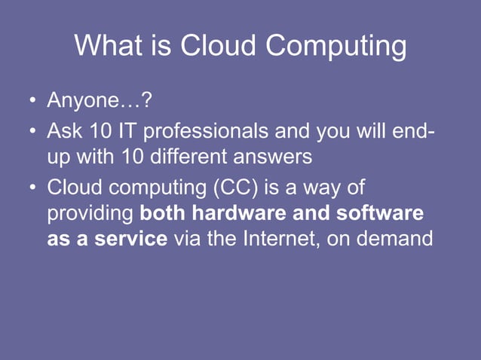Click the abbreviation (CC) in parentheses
[237, 187]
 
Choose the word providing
[90, 215]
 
